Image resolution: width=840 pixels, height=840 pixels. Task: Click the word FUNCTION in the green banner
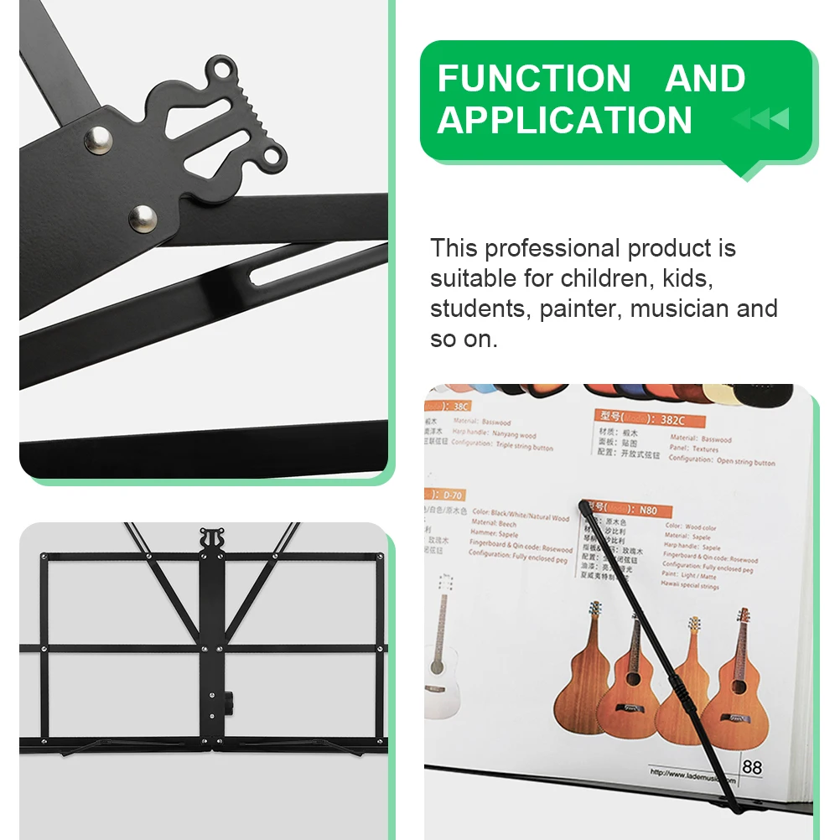533,79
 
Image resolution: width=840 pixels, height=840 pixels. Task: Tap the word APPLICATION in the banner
564,120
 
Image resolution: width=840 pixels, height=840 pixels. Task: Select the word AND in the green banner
705,79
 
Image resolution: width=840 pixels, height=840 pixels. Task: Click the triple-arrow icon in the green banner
761,119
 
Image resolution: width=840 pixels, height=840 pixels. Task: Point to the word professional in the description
552,249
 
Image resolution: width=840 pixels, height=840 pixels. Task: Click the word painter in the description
578,309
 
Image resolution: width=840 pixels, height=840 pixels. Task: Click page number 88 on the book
752,766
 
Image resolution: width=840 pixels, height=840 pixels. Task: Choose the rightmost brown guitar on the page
734,680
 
